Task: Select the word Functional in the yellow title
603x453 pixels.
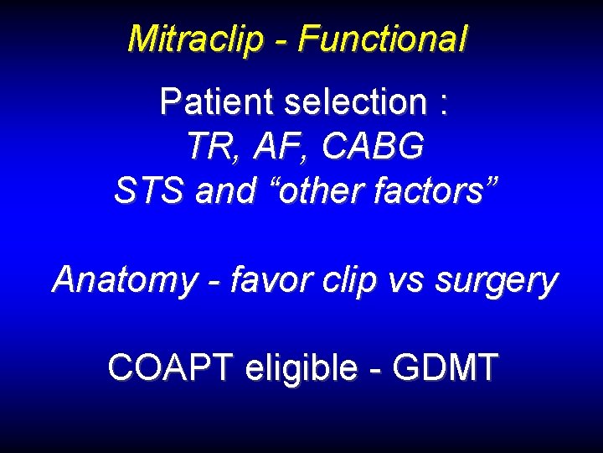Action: [x=382, y=39]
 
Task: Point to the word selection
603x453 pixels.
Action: [x=355, y=102]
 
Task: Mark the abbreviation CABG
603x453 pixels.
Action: [x=372, y=148]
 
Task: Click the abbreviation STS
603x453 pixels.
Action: [x=149, y=191]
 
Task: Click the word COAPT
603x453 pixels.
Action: [x=169, y=367]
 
